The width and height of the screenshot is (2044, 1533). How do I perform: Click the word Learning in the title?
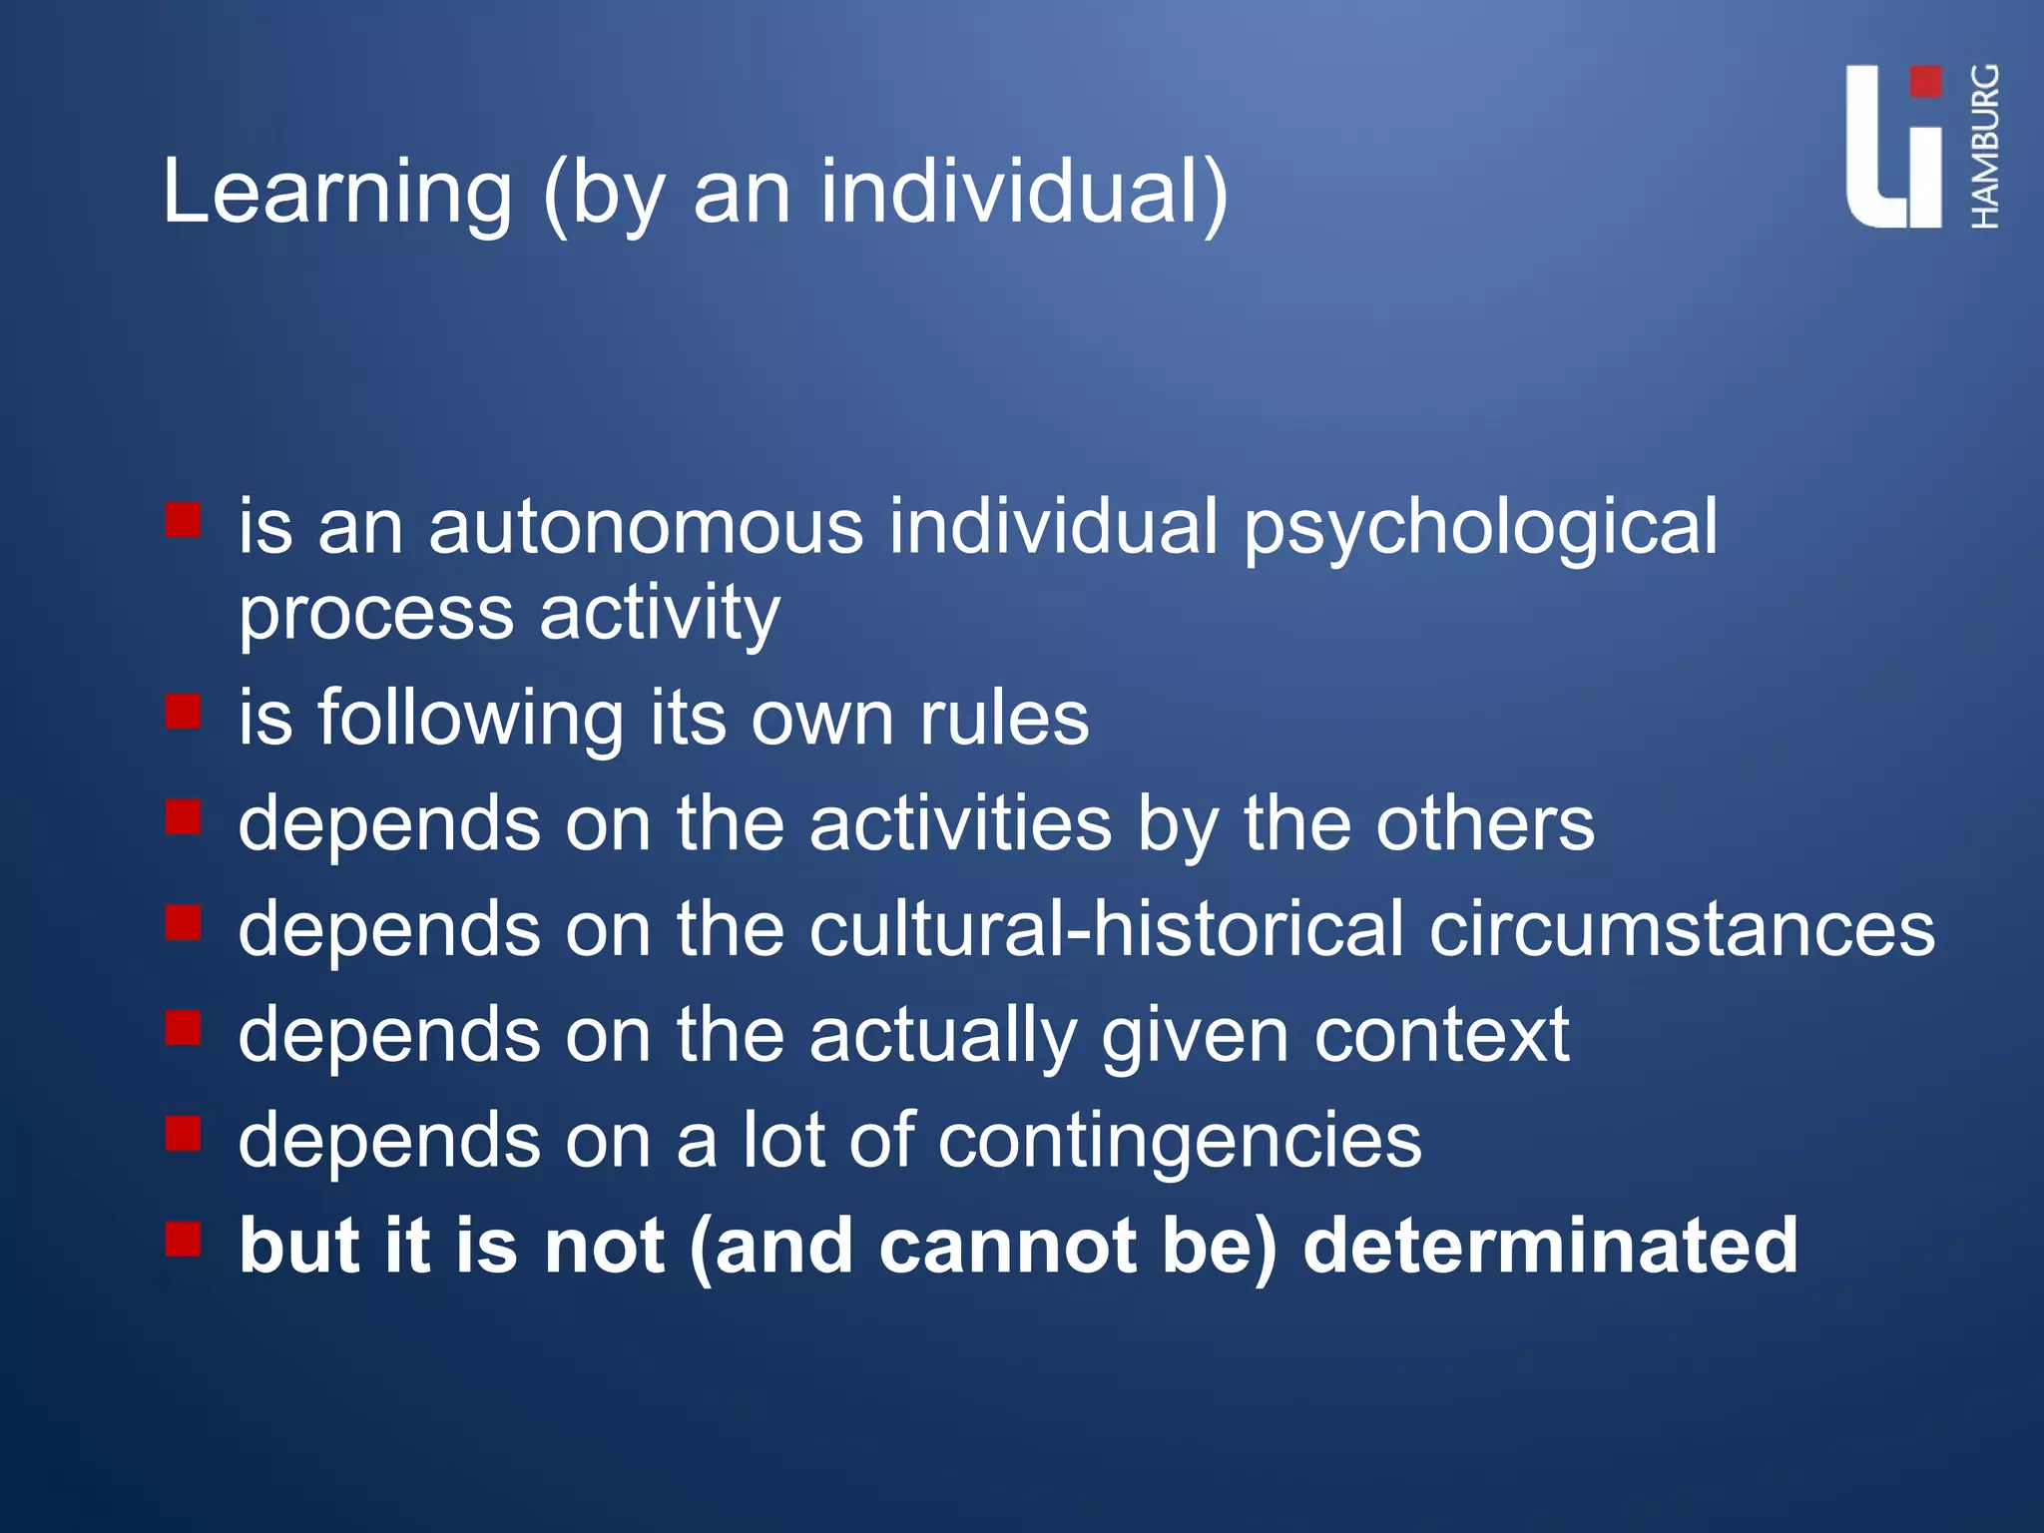(x=336, y=193)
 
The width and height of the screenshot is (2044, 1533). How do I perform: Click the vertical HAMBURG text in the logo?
(x=1985, y=147)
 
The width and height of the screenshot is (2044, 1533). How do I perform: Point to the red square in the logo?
(x=1925, y=83)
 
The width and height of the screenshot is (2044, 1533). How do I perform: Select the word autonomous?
(x=645, y=527)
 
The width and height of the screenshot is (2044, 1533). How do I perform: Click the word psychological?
(x=1480, y=527)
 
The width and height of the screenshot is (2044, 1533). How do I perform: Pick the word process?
(x=375, y=613)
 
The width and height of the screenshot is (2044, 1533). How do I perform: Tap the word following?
(x=470, y=719)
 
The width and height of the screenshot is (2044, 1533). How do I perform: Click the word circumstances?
(x=1682, y=929)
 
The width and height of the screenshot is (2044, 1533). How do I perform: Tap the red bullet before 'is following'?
(x=184, y=712)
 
